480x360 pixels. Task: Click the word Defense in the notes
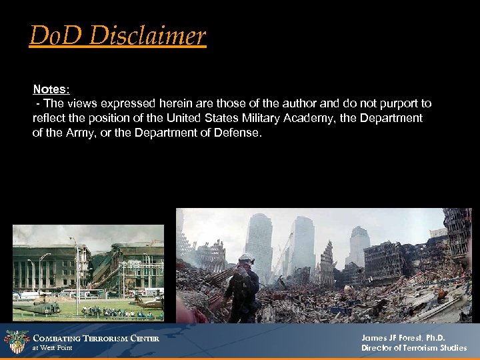(238, 133)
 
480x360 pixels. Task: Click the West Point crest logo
(16, 342)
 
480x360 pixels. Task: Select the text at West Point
(53, 348)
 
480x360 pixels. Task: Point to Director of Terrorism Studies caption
(414, 348)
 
